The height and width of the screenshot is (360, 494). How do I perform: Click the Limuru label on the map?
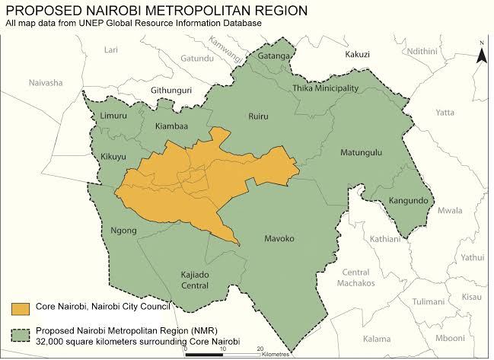point(114,115)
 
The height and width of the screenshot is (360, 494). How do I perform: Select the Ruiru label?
point(260,116)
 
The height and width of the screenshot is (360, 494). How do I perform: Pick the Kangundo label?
point(410,201)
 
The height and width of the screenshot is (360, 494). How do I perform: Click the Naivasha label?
point(46,82)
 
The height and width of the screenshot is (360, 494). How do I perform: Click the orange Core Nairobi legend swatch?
point(21,307)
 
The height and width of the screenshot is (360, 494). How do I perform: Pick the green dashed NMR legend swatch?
point(21,333)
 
